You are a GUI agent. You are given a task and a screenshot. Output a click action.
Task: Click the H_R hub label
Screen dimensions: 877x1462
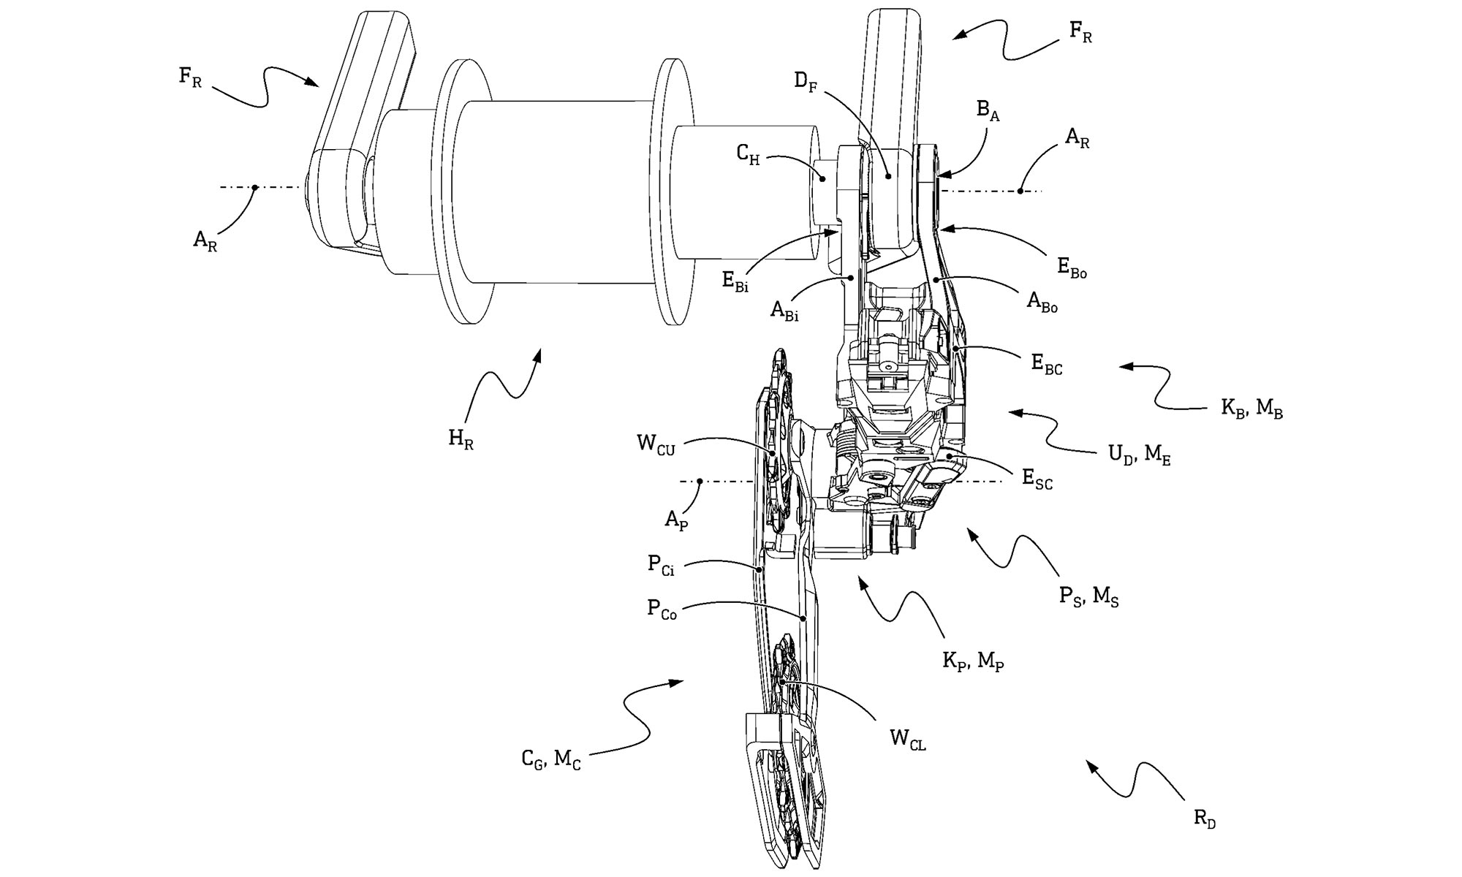(461, 439)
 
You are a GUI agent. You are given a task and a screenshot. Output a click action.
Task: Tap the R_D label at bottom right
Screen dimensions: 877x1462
(1205, 819)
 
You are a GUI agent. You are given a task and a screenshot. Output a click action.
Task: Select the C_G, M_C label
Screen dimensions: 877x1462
(551, 760)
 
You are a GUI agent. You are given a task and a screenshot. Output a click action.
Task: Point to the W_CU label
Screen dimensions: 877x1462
(656, 445)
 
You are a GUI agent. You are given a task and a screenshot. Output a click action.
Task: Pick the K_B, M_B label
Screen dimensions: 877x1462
(1251, 408)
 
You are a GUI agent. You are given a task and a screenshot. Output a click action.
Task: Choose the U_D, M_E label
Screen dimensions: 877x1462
(1139, 455)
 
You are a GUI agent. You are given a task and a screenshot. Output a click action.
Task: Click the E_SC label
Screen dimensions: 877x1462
(1037, 480)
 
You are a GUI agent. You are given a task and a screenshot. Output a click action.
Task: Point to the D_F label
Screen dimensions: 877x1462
(806, 81)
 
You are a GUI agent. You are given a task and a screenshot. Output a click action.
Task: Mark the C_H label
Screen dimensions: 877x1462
(748, 154)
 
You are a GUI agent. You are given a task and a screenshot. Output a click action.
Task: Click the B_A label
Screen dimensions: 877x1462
(988, 112)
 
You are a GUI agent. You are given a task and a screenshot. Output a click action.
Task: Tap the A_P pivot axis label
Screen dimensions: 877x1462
(676, 521)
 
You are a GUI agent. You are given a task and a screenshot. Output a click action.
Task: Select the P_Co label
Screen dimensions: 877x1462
(662, 610)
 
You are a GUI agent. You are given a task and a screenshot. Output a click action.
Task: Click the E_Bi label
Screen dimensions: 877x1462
(735, 283)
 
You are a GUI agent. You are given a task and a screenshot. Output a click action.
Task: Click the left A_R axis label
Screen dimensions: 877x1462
(205, 240)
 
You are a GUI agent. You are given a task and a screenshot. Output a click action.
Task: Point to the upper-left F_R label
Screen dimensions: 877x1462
(190, 77)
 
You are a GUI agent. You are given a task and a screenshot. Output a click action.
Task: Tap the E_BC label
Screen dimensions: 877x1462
(1046, 365)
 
